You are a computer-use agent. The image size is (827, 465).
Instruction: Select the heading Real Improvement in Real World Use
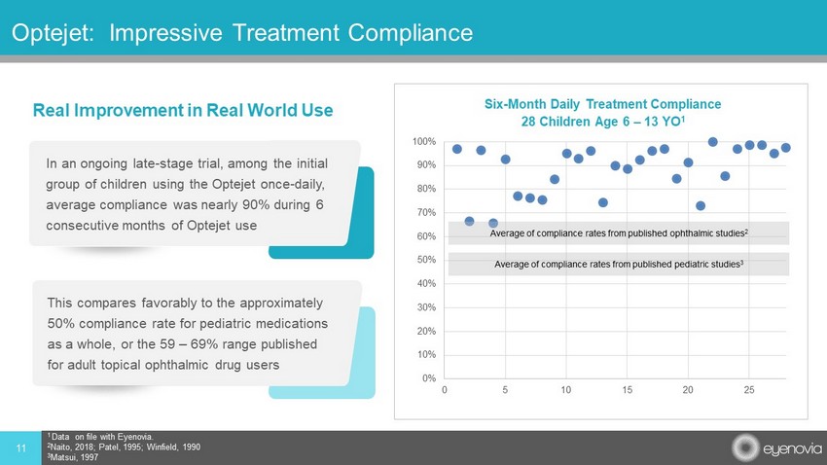point(183,110)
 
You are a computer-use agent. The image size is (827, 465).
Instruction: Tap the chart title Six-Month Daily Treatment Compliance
point(602,104)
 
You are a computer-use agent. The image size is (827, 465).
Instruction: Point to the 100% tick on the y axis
point(423,142)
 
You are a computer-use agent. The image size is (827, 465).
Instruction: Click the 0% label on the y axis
point(427,378)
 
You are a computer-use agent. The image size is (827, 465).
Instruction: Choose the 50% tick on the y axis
point(425,261)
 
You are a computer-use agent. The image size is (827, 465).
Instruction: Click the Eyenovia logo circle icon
point(744,447)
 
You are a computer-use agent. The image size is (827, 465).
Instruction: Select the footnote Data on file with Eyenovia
point(98,437)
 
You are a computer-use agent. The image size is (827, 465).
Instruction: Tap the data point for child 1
point(457,149)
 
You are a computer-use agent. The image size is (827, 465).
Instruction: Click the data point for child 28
point(785,148)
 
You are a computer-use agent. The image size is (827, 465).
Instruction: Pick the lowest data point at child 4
point(493,224)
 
